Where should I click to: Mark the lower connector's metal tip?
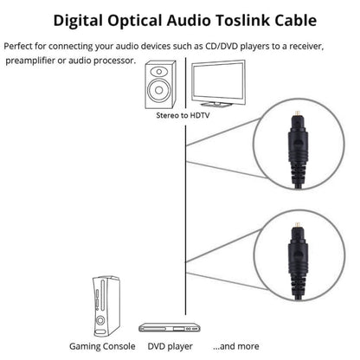point(295,238)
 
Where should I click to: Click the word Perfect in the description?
point(22,45)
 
